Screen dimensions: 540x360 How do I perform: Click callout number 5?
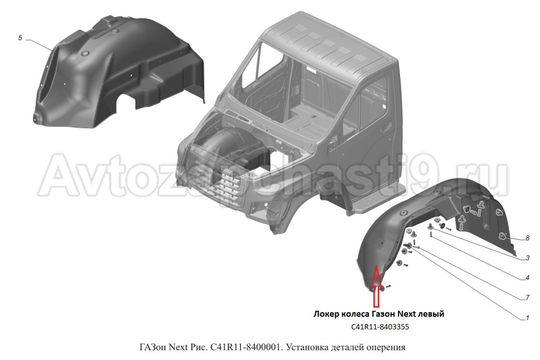(20, 38)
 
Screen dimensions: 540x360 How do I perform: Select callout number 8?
(527, 238)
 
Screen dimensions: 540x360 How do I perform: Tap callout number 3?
(527, 258)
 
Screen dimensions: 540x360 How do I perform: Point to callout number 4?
(527, 277)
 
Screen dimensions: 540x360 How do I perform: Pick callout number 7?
(527, 298)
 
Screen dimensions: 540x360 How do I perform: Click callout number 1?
(527, 318)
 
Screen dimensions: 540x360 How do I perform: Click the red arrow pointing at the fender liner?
(376, 286)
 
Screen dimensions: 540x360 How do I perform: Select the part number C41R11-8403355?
(380, 327)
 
